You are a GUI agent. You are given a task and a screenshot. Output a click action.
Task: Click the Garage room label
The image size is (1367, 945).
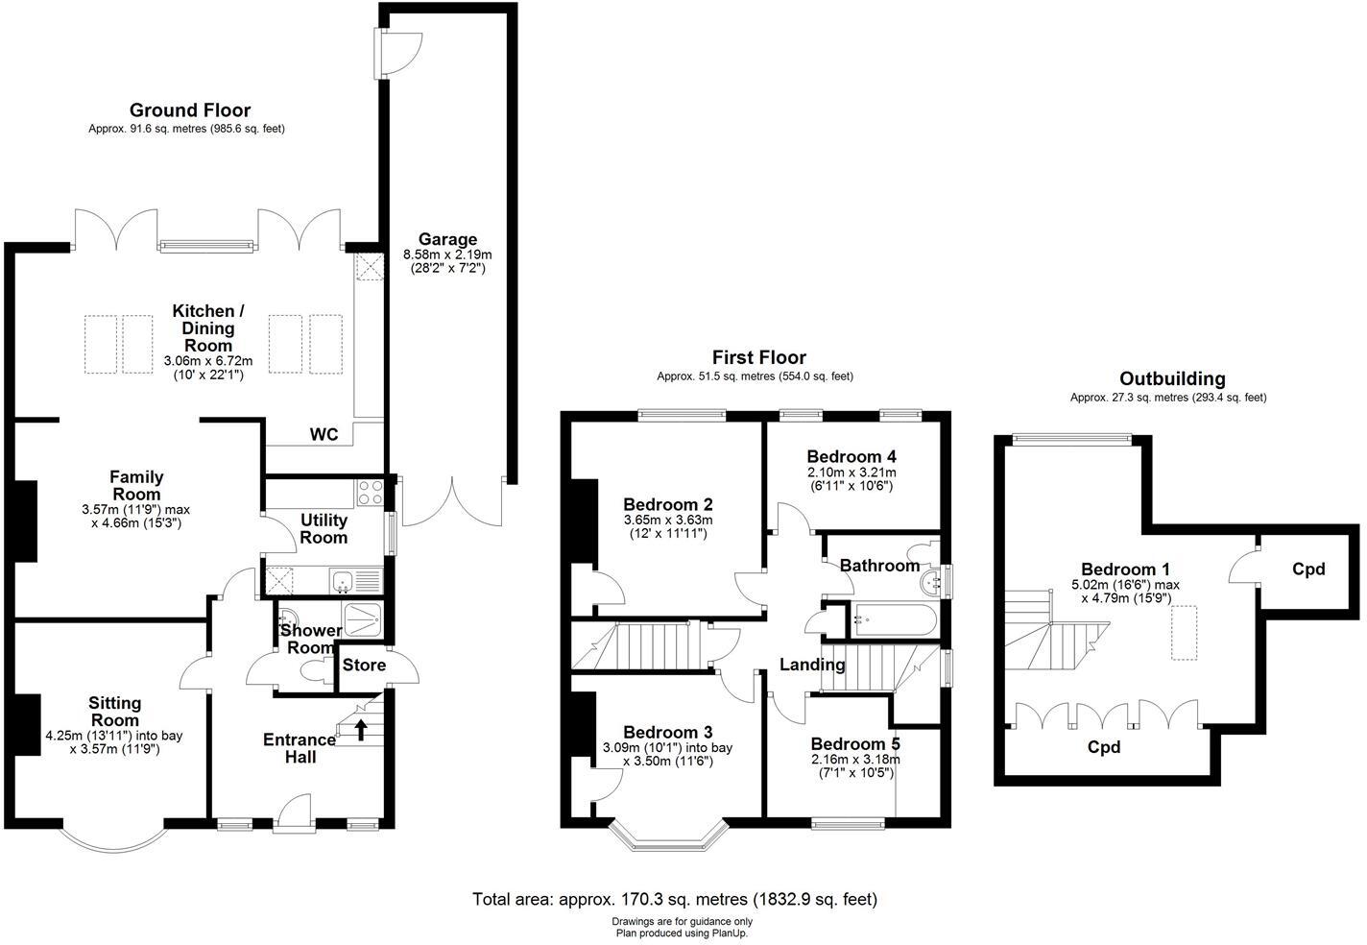tap(446, 239)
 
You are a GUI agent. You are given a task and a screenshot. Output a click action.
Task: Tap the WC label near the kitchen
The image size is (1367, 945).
tap(324, 435)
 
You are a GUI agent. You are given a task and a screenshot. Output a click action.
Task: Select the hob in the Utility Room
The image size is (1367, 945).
tap(371, 493)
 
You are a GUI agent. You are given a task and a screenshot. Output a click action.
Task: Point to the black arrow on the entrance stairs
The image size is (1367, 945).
tap(361, 730)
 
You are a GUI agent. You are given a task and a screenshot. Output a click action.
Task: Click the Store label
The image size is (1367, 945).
tap(364, 665)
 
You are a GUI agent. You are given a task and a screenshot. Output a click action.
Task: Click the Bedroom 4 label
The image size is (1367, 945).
tap(851, 456)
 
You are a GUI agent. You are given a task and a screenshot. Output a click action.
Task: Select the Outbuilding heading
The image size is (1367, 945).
tap(1171, 378)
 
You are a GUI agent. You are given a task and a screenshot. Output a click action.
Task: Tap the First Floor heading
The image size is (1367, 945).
tap(758, 357)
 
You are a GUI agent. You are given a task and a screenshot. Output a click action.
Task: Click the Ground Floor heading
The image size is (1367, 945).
tap(189, 109)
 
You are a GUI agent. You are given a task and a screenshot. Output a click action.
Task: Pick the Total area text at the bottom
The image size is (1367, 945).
tap(674, 899)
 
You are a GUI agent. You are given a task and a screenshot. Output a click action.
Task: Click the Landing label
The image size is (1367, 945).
tap(811, 664)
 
